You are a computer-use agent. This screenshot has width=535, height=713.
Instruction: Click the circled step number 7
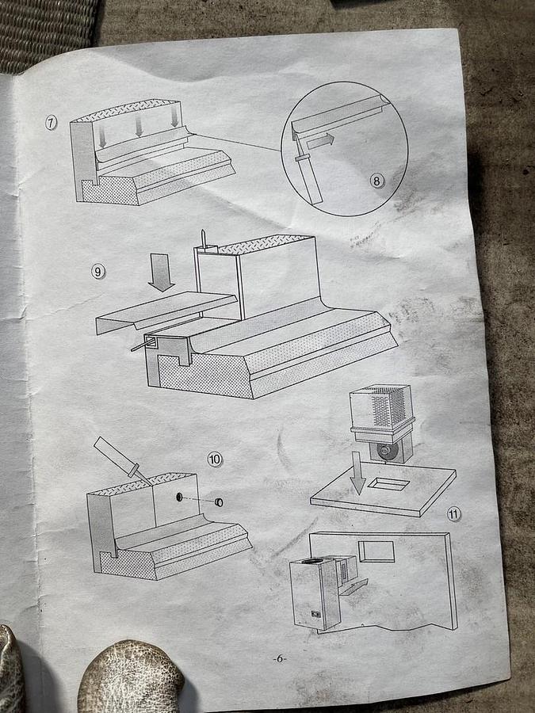coord(51,122)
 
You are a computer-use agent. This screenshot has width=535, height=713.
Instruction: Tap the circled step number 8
coord(376,181)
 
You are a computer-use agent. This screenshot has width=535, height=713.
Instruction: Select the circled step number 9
coord(98,272)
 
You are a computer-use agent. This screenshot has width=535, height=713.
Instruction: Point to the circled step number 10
coord(215,459)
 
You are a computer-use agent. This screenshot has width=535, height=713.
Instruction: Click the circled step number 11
coord(453,514)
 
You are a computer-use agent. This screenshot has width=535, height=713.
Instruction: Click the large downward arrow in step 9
coord(162,273)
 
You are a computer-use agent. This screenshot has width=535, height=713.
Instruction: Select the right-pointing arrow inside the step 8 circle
coord(320,140)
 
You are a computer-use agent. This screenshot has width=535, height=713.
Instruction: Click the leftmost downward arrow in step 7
coord(102,135)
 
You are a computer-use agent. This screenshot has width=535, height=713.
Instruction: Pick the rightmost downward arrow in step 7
coord(174,117)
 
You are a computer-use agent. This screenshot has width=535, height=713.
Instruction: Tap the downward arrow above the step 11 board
coord(358,473)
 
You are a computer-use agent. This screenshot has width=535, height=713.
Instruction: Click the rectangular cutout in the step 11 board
coord(388,484)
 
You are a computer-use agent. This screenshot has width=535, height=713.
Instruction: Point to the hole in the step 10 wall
coord(180,497)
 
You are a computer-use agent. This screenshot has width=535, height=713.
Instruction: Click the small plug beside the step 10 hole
coord(220,502)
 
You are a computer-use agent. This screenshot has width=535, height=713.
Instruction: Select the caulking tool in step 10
coord(121,460)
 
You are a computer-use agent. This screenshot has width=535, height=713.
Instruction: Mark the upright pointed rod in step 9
coord(204,240)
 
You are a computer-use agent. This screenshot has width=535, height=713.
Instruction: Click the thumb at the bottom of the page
coord(131,677)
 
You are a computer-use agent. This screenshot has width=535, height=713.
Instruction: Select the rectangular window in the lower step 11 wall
coord(376,551)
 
